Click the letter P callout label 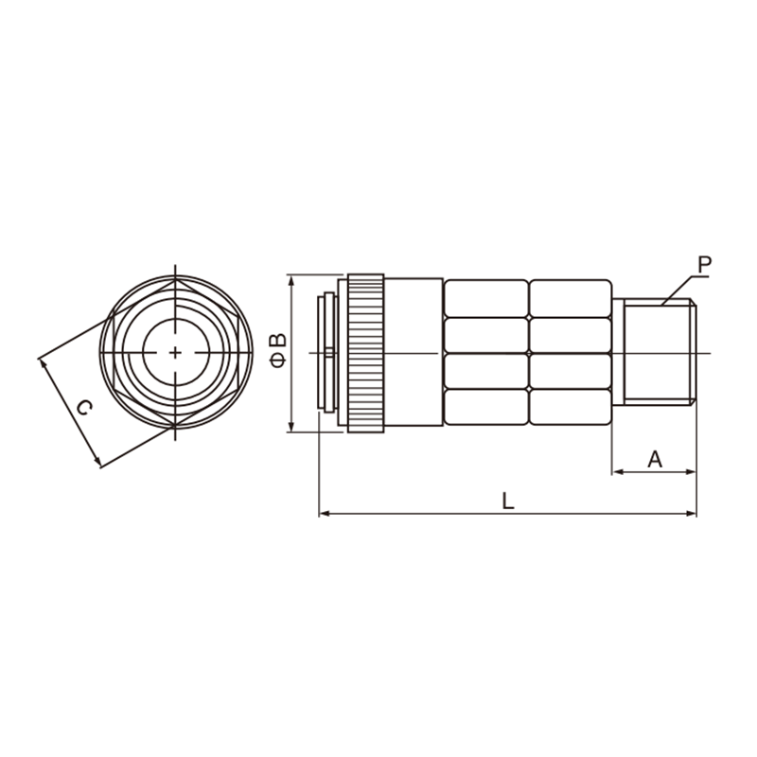click(x=704, y=265)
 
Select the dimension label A click(x=655, y=459)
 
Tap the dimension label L click(x=507, y=502)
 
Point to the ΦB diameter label click(x=278, y=350)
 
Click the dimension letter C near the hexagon click(x=85, y=408)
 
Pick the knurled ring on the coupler click(x=366, y=353)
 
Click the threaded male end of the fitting click(x=660, y=353)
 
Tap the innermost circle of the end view click(x=176, y=352)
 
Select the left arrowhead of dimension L click(x=325, y=514)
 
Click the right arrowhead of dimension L click(x=691, y=514)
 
